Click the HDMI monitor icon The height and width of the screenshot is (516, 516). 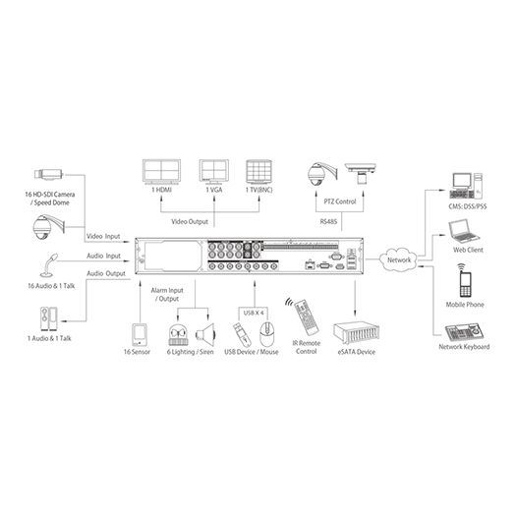162,172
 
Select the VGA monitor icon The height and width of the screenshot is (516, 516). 213,172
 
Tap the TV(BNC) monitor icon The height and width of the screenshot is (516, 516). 258,172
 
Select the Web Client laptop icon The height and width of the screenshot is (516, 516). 463,232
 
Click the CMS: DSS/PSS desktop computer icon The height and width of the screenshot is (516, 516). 464,182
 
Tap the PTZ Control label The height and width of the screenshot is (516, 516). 336,201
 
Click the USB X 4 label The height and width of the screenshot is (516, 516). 254,312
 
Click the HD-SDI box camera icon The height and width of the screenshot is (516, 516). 49,176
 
